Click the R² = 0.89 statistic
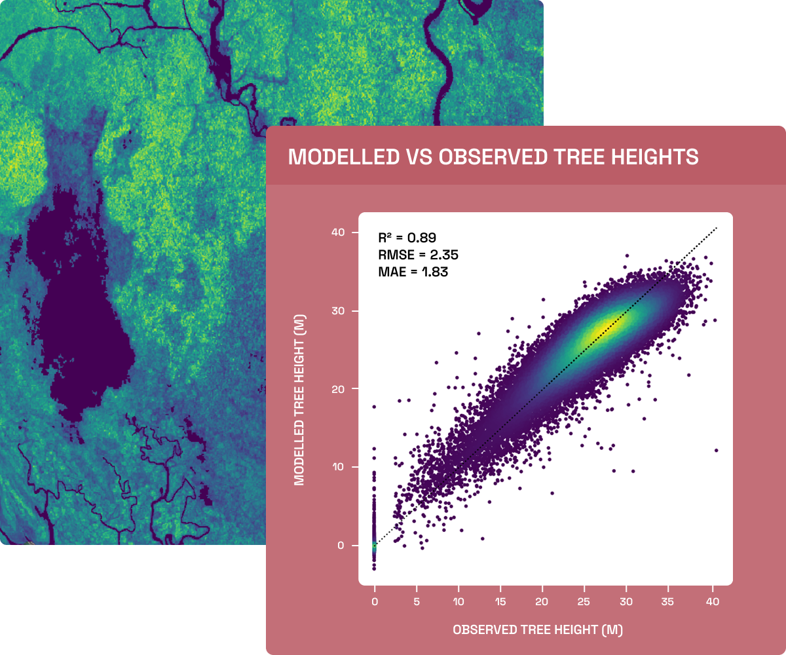tap(407, 238)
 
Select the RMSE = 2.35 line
tap(419, 255)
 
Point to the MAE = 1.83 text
tap(413, 272)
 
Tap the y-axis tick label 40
tap(338, 233)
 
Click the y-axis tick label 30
tap(338, 311)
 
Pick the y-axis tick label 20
tap(338, 389)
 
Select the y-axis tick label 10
tap(338, 467)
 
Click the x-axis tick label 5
tap(417, 601)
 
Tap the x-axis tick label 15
tap(500, 601)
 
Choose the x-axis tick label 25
tap(584, 601)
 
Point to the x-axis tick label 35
tap(667, 601)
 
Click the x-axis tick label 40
tap(713, 601)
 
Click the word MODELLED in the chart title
tap(344, 157)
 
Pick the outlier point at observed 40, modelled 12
tap(716, 450)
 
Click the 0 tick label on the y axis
tap(341, 546)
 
